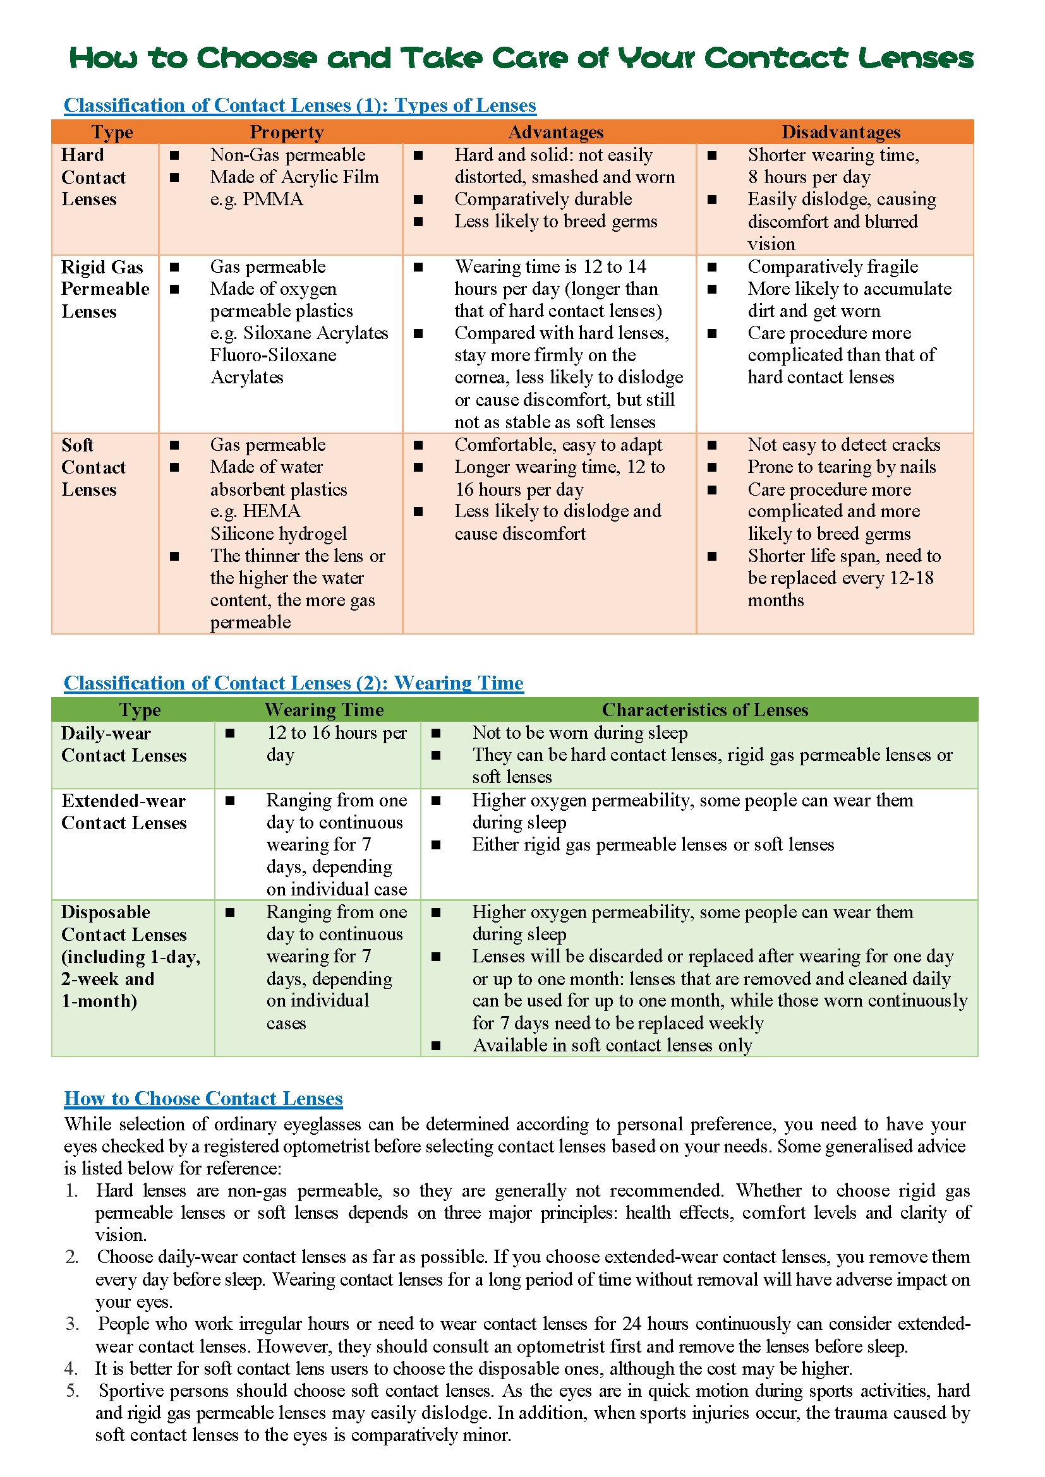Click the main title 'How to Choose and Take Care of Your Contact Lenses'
point(521,58)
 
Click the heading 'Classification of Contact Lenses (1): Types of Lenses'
point(300,105)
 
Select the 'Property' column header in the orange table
point(286,132)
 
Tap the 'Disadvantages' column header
point(840,132)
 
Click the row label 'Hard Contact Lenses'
point(94,177)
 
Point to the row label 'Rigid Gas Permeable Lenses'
point(105,289)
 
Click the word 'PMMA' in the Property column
point(273,200)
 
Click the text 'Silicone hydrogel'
point(278,534)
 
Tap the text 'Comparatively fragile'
point(833,266)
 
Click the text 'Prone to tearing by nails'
point(842,467)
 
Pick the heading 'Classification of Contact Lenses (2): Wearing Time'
point(293,683)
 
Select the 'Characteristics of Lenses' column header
point(704,710)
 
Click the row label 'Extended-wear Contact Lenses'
point(124,812)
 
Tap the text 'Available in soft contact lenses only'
point(612,1045)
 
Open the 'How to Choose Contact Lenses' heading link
point(203,1098)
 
